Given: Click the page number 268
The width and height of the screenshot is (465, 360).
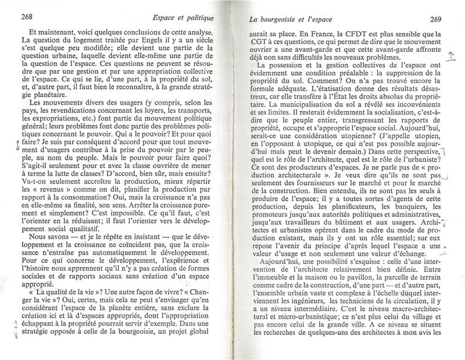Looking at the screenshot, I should (26, 17).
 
